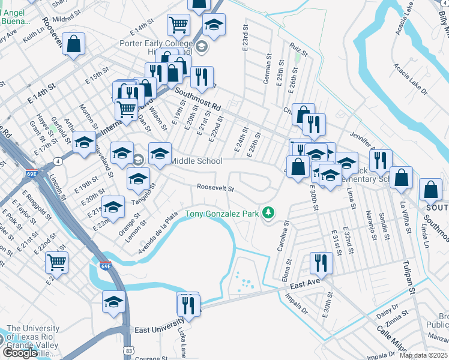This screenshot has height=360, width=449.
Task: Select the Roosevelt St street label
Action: point(215,188)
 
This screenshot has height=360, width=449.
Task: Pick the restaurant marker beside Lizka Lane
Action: point(190,305)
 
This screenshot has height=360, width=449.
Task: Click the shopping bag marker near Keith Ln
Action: point(73,44)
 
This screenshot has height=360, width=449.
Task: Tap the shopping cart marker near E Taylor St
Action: point(56,262)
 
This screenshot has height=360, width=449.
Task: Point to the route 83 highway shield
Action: point(130,349)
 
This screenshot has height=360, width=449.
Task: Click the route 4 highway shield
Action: point(56,161)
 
